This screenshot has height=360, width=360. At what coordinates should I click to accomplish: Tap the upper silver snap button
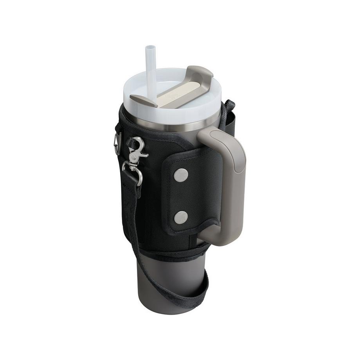181,175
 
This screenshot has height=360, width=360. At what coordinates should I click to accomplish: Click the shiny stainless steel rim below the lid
172,124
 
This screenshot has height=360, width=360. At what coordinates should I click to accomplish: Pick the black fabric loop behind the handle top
229,113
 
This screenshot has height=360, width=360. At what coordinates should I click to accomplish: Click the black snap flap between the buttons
181,196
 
